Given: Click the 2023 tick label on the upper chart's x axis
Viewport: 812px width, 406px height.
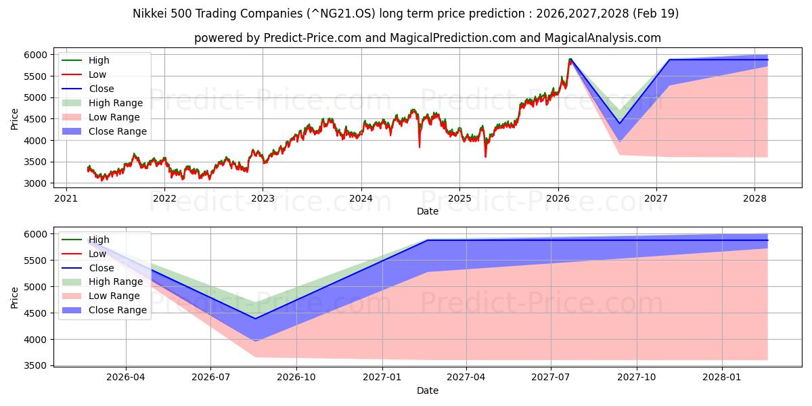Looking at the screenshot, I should tap(263, 198).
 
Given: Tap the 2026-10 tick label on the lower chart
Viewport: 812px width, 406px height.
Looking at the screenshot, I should tap(296, 378).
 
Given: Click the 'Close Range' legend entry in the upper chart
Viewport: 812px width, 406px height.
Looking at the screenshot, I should tap(117, 131).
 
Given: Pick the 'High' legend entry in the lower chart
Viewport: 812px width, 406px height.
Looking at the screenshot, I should tap(99, 240).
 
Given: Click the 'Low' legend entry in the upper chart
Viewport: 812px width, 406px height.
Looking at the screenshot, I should tap(97, 74).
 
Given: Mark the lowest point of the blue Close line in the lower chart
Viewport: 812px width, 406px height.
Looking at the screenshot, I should tap(255, 319).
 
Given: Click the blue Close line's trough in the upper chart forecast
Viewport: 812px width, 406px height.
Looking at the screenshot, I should tap(619, 123).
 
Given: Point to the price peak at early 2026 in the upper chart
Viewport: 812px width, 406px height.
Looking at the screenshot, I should tap(570, 60).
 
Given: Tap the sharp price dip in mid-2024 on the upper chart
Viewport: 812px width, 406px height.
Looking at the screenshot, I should tap(420, 145).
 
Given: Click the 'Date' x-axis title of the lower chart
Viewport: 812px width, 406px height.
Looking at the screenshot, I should tap(427, 390).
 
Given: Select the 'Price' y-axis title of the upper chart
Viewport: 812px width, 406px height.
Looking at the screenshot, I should tap(15, 119).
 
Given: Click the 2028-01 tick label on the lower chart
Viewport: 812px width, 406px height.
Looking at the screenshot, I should tap(723, 378).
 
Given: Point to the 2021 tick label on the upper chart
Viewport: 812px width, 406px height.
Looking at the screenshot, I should tap(66, 198).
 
